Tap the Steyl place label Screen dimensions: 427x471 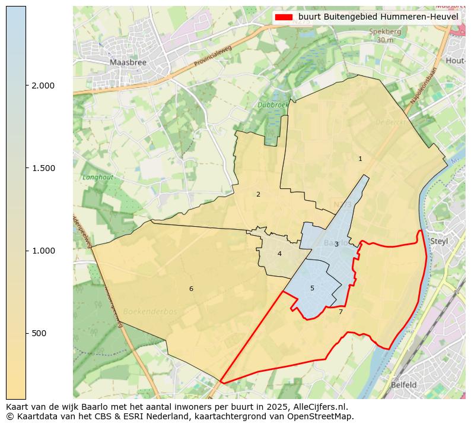[x=439, y=241]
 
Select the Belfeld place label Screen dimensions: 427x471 [x=403, y=384]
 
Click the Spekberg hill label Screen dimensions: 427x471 [x=385, y=32]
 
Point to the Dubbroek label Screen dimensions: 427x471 [x=272, y=105]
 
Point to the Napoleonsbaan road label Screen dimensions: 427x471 [x=423, y=86]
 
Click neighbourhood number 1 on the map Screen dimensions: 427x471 [x=360, y=159]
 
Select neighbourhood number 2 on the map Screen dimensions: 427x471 [x=258, y=194]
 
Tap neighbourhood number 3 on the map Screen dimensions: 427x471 [x=336, y=244]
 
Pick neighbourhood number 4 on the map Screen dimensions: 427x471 [x=279, y=254]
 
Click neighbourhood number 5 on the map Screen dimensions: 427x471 [x=312, y=289]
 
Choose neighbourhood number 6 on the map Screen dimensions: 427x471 [x=191, y=289]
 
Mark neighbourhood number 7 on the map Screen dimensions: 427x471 [x=340, y=312]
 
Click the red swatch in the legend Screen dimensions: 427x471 [x=284, y=17]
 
